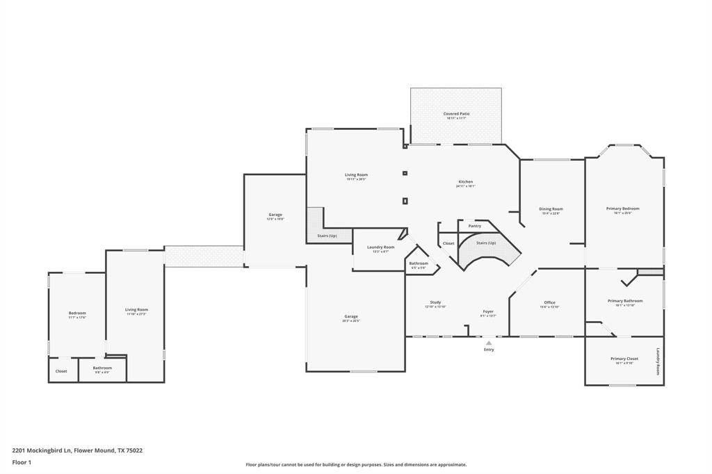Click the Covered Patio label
coord(456,114)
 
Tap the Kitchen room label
coord(465,182)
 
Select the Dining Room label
coord(551,209)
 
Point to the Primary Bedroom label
coord(622,209)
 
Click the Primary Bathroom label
coord(624,301)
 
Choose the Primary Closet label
coord(624,359)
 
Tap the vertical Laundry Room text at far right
coord(658,361)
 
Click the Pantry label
coord(474,226)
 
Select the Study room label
coord(435,302)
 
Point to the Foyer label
coord(489,311)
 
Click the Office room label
coord(549,302)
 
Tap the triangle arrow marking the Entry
coord(489,343)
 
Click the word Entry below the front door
coord(489,350)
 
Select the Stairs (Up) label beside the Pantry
coord(486,243)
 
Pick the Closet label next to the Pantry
coord(448,243)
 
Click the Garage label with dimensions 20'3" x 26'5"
coord(350,317)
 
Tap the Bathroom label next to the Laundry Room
coord(419,263)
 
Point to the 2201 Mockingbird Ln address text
coord(77,450)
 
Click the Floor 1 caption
coord(22,462)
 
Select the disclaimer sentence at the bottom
coord(356,465)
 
